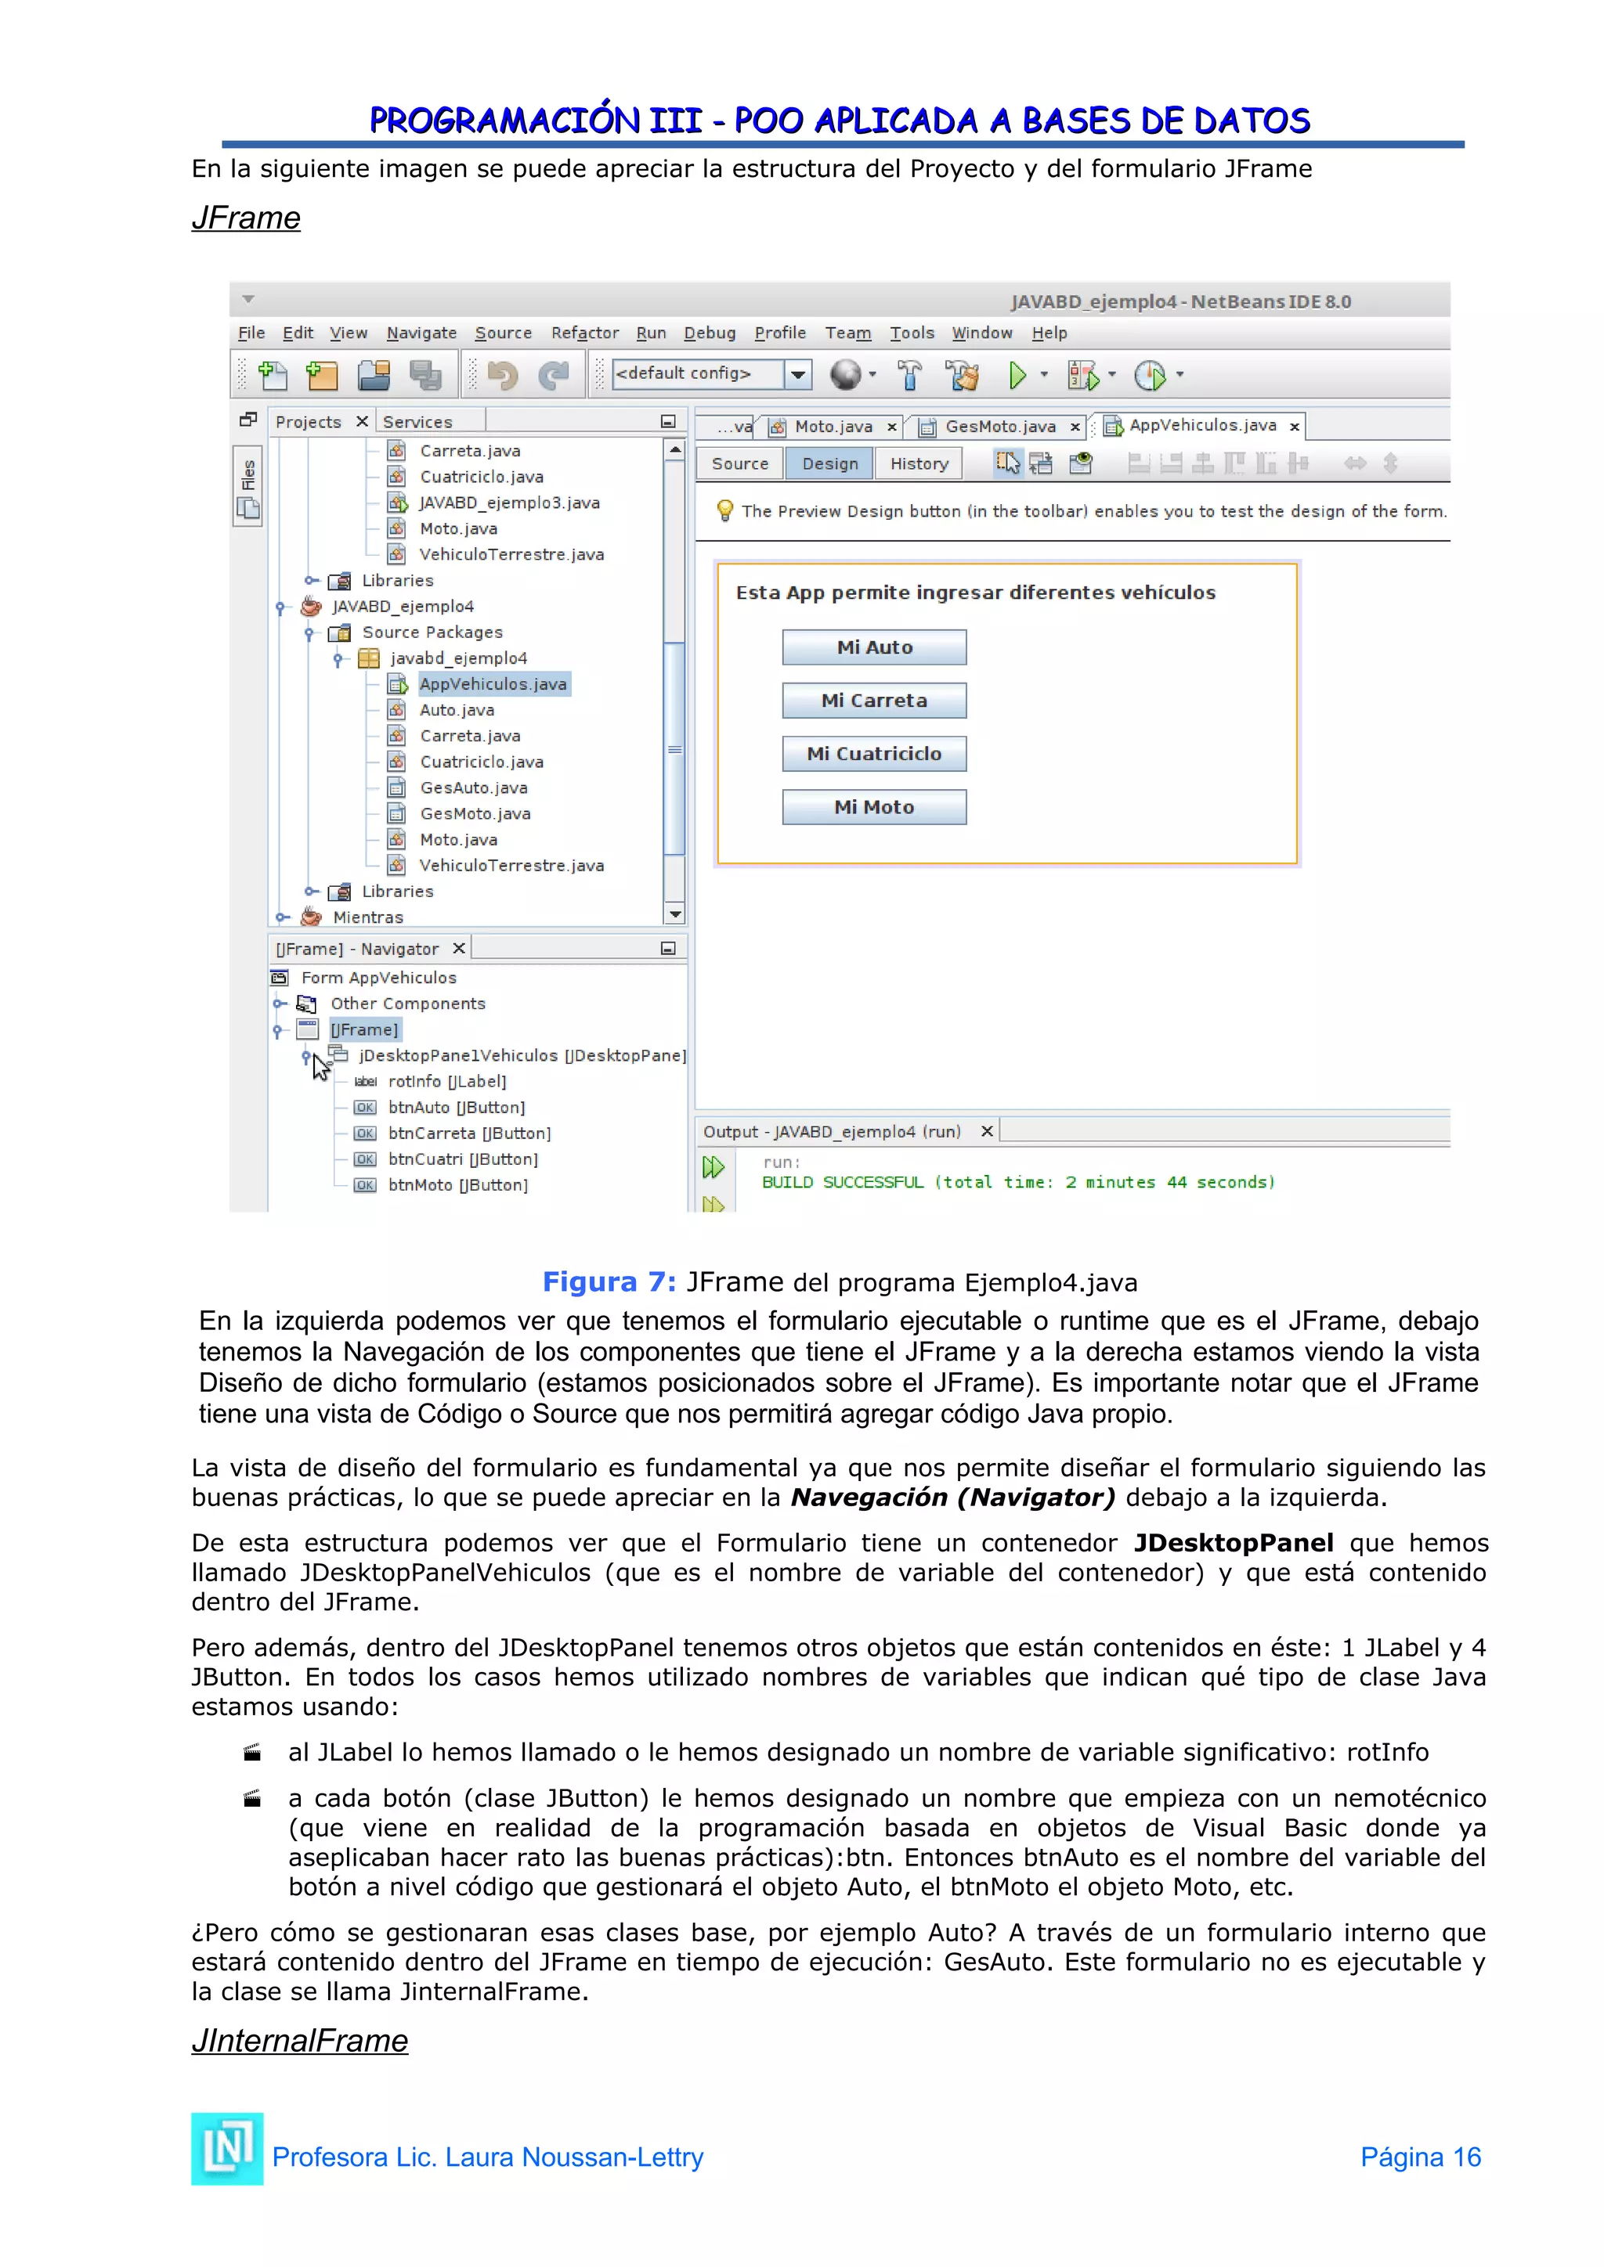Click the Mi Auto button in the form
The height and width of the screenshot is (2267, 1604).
pyautogui.click(x=874, y=647)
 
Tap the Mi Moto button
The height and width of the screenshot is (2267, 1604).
pyautogui.click(x=874, y=808)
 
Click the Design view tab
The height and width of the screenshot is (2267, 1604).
pyautogui.click(x=829, y=464)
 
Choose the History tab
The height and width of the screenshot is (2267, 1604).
pyautogui.click(x=919, y=464)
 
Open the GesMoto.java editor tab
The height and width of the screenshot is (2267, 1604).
pyautogui.click(x=999, y=427)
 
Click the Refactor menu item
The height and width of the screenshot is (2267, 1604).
pyautogui.click(x=585, y=333)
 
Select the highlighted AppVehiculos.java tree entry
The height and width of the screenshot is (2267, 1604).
pyautogui.click(x=493, y=684)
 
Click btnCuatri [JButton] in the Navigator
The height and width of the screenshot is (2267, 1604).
pyautogui.click(x=462, y=1159)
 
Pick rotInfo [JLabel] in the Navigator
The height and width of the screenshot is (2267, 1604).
pyautogui.click(x=446, y=1081)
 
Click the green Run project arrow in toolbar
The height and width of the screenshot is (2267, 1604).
pyautogui.click(x=1017, y=375)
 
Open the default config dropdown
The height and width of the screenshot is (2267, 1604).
pyautogui.click(x=798, y=374)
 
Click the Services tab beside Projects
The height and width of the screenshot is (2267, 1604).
pyautogui.click(x=417, y=423)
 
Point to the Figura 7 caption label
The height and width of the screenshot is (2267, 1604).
pyautogui.click(x=609, y=1281)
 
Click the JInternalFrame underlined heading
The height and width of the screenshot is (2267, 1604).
pyautogui.click(x=299, y=2041)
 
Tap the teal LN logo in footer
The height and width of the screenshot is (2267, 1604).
pyautogui.click(x=227, y=2149)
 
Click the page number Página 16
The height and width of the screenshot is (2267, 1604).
pyautogui.click(x=1420, y=2157)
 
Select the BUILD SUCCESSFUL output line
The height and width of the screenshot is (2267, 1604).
pyautogui.click(x=1017, y=1183)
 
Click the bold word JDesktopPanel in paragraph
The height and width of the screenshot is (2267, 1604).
pyautogui.click(x=1234, y=1543)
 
